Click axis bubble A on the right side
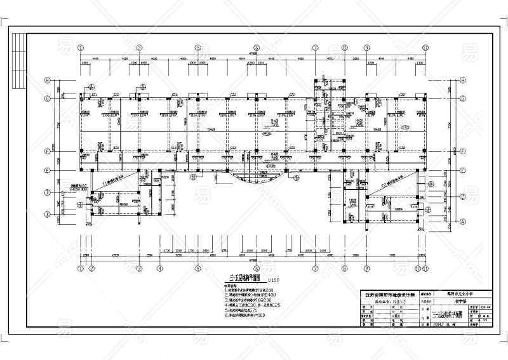tap(463, 222)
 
